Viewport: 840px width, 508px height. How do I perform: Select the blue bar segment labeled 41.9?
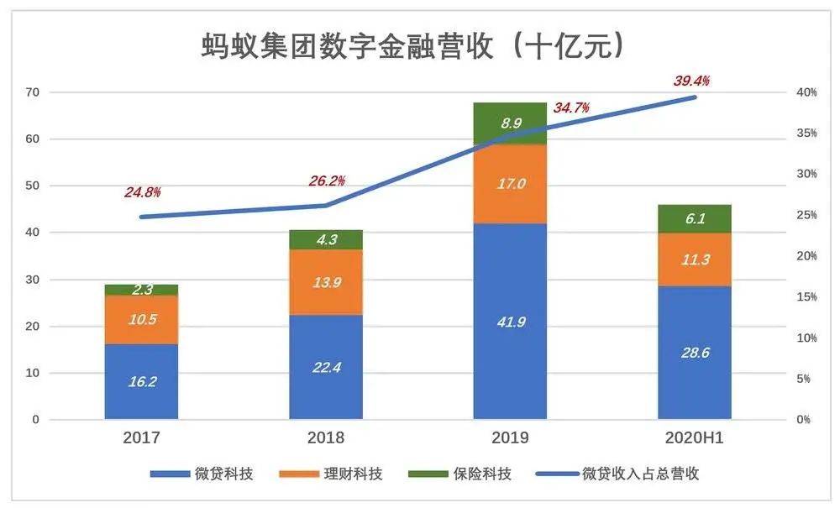point(510,321)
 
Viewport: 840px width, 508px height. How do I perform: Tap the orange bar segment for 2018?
point(326,282)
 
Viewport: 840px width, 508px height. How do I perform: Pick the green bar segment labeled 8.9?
point(510,123)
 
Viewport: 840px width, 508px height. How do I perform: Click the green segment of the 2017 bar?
point(141,290)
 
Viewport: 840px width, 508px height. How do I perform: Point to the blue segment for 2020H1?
point(695,353)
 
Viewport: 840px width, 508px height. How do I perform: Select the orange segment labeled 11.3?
point(695,259)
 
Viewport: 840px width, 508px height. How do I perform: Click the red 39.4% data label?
point(691,81)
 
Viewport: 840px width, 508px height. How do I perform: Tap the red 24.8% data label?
point(142,192)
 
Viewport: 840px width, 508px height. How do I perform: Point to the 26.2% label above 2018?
point(327,181)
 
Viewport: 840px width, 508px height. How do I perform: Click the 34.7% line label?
point(571,107)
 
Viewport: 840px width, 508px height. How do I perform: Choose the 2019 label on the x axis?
point(510,437)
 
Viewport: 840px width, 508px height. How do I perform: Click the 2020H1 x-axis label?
point(695,437)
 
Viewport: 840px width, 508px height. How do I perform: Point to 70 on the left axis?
point(33,92)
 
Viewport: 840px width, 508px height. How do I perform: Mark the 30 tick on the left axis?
point(33,280)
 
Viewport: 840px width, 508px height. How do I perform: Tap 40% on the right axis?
point(806,92)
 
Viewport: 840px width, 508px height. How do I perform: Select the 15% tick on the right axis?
point(806,297)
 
